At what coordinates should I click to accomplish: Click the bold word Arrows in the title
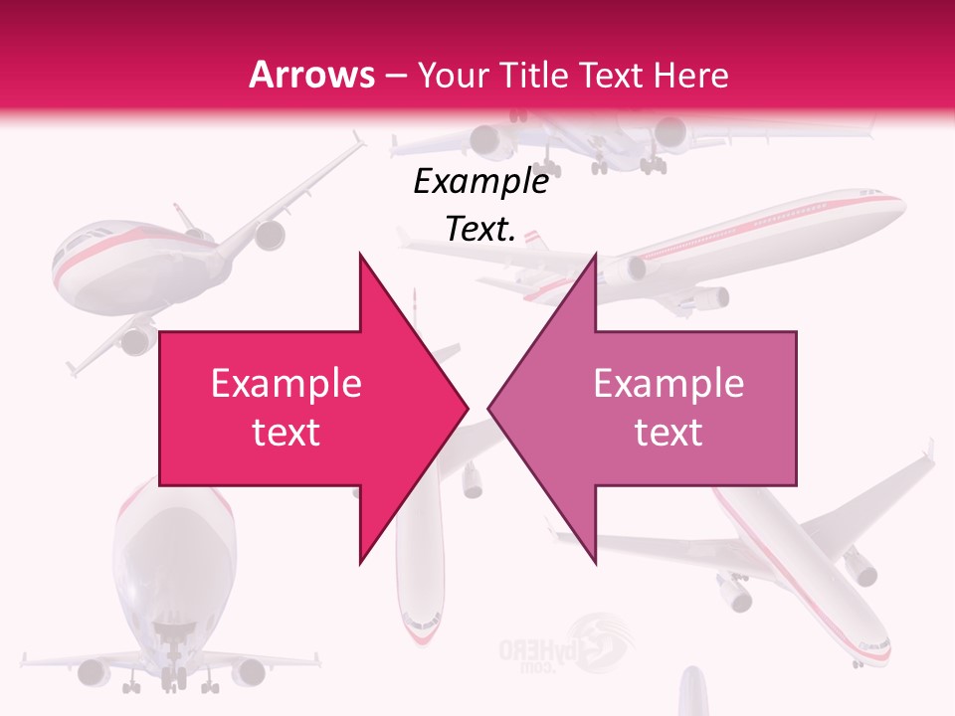312,75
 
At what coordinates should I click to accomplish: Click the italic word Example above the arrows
480,182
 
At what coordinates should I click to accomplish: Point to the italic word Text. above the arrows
480,229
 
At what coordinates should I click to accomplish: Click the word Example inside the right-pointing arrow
286,384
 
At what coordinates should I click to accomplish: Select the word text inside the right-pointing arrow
286,432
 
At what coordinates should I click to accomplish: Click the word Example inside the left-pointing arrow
668,384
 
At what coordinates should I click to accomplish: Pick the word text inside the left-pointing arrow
668,432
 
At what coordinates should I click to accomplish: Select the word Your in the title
449,75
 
